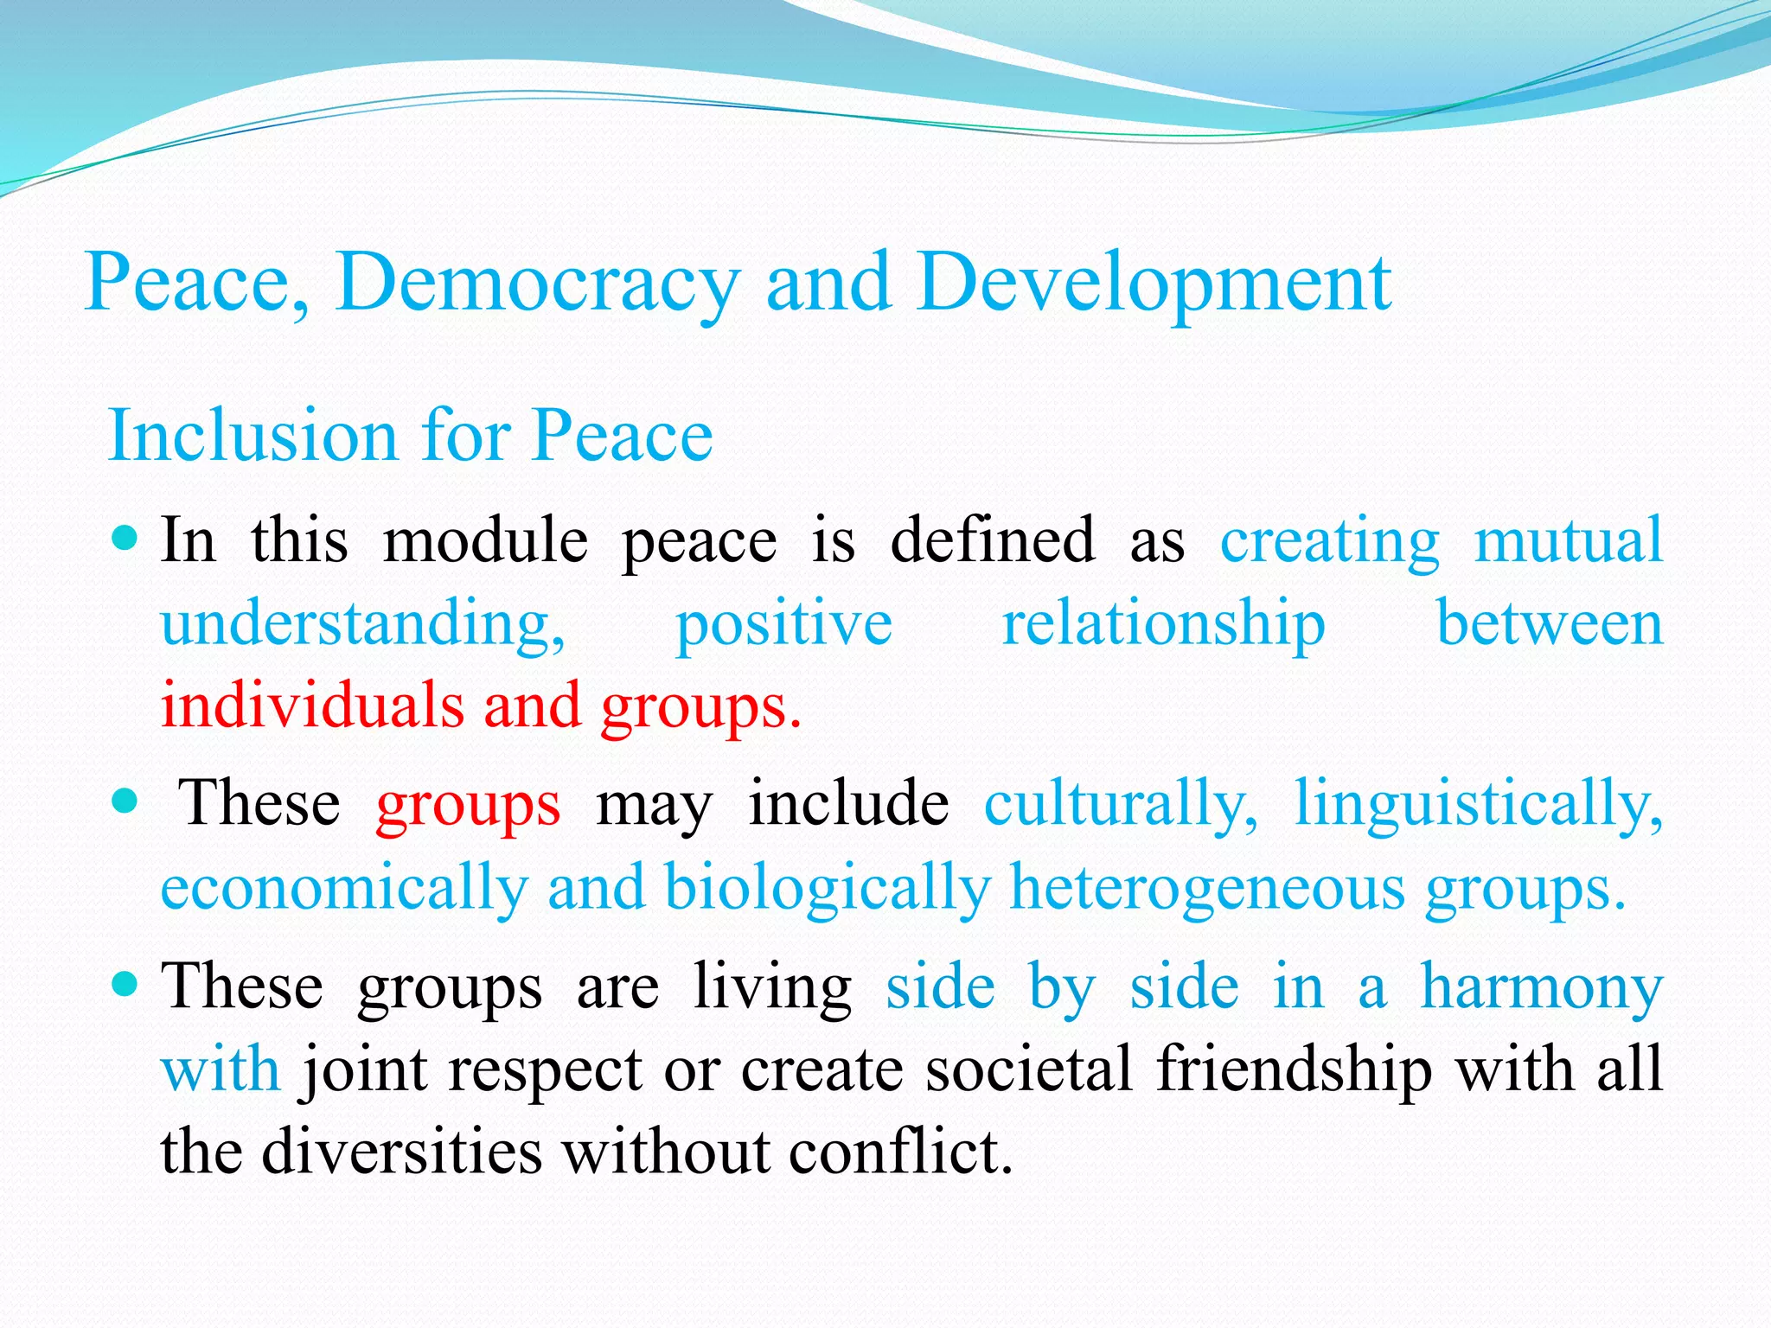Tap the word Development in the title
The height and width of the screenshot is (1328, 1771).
pos(1154,284)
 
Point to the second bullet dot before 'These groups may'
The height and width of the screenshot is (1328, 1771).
pos(126,801)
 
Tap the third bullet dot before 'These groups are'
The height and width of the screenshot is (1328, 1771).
pos(126,984)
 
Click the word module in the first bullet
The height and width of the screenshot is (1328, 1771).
pos(485,540)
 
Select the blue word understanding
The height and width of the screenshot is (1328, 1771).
pos(363,623)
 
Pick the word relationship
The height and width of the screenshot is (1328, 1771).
pos(1163,623)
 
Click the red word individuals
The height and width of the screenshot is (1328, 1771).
pos(312,705)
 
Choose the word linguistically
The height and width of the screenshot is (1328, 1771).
pos(1478,804)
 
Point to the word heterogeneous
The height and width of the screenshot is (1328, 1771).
pos(1207,888)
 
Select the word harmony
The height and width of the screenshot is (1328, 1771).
pos(1542,987)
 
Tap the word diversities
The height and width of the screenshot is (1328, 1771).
pos(402,1152)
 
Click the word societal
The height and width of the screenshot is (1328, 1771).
pos(1029,1069)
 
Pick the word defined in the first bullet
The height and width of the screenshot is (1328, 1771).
pos(993,540)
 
